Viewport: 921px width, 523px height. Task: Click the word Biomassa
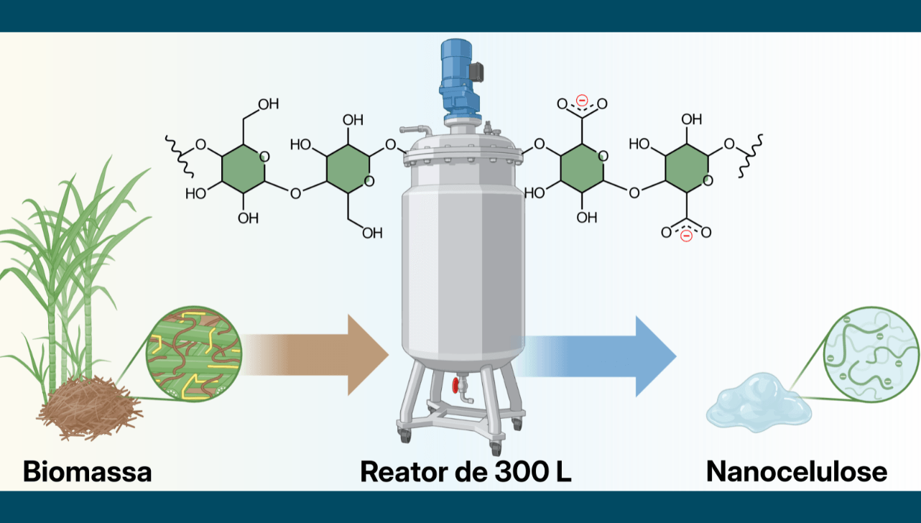coord(88,471)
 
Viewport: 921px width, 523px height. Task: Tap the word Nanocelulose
coord(797,471)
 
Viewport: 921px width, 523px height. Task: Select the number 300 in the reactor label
coord(522,472)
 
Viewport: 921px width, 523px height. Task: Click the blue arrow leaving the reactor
coord(594,356)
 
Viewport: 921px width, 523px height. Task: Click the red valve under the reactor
coord(455,386)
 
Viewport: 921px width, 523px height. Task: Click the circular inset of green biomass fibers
coord(194,353)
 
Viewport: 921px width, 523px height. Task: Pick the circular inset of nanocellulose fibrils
coord(871,354)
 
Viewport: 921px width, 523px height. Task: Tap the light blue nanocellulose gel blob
coord(759,403)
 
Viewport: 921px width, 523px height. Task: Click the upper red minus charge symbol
coord(582,101)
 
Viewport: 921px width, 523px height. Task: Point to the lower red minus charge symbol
coord(686,236)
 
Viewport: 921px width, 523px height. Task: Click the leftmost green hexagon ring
coord(243,169)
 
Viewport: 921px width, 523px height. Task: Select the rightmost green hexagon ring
coord(686,168)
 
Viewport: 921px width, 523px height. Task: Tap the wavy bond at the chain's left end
coord(180,156)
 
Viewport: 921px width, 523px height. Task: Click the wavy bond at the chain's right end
coord(749,156)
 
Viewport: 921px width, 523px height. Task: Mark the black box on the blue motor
coord(477,72)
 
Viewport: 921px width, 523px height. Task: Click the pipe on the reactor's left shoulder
coord(416,131)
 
